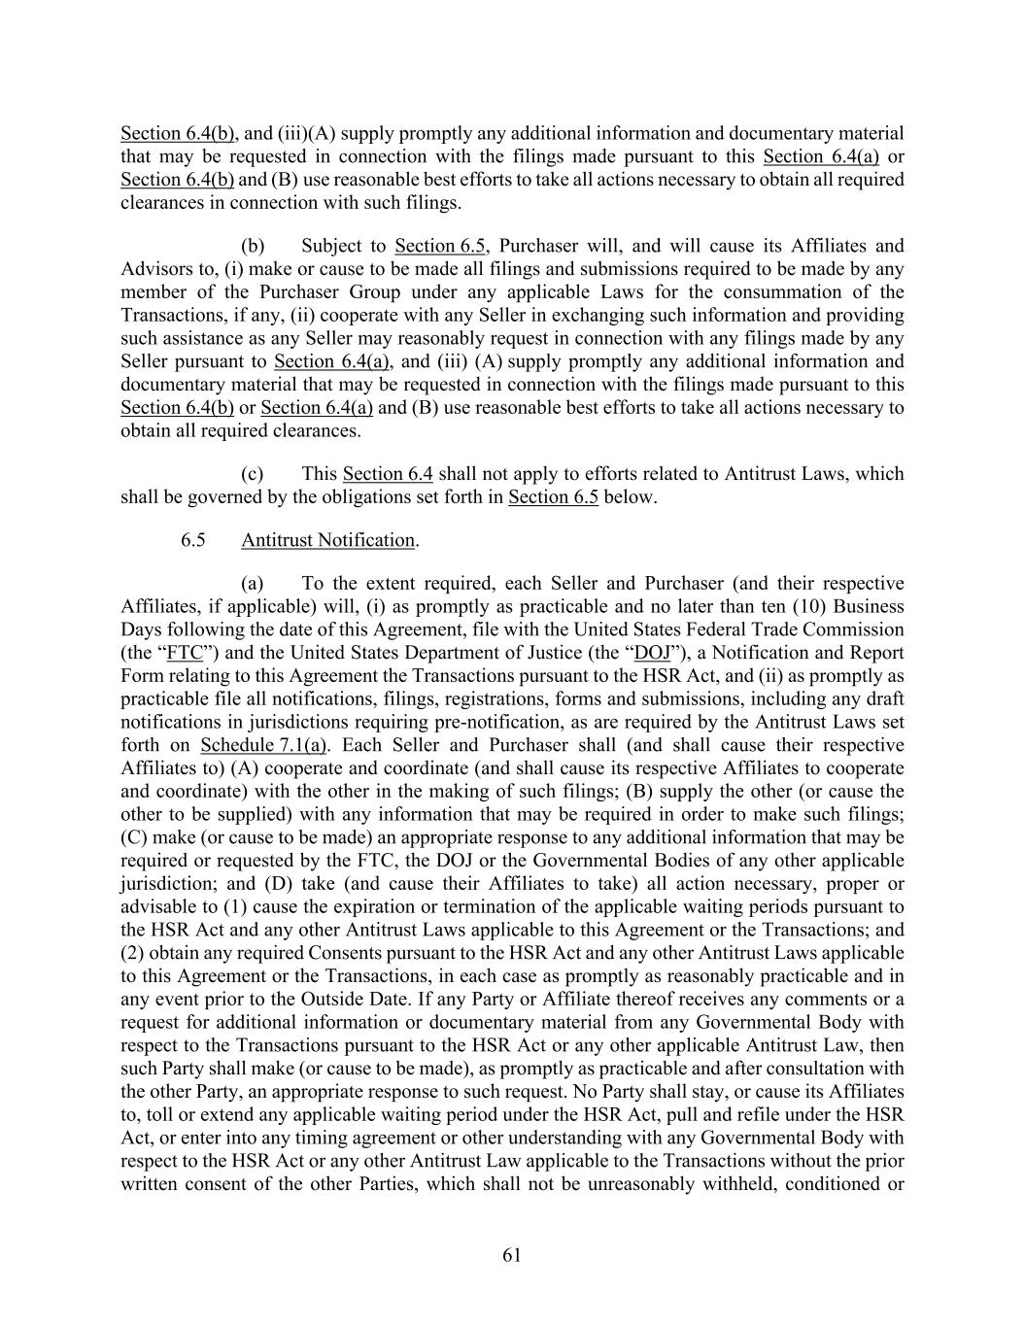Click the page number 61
[x=512, y=1256]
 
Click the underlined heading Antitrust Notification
[x=328, y=540]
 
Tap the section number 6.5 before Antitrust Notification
[x=192, y=540]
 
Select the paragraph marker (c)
[x=253, y=474]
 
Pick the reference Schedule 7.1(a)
[x=263, y=745]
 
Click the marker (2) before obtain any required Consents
[x=132, y=953]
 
